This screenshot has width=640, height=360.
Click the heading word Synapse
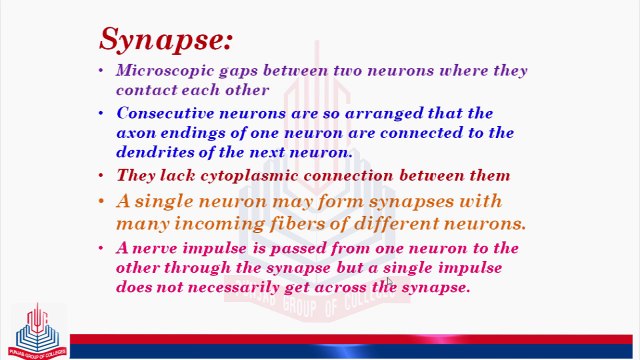(165, 39)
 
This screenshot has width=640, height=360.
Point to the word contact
(147, 90)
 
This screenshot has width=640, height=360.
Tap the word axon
(136, 133)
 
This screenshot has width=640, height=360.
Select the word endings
(196, 133)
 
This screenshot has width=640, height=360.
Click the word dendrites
(156, 152)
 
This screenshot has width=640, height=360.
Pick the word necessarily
(237, 287)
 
